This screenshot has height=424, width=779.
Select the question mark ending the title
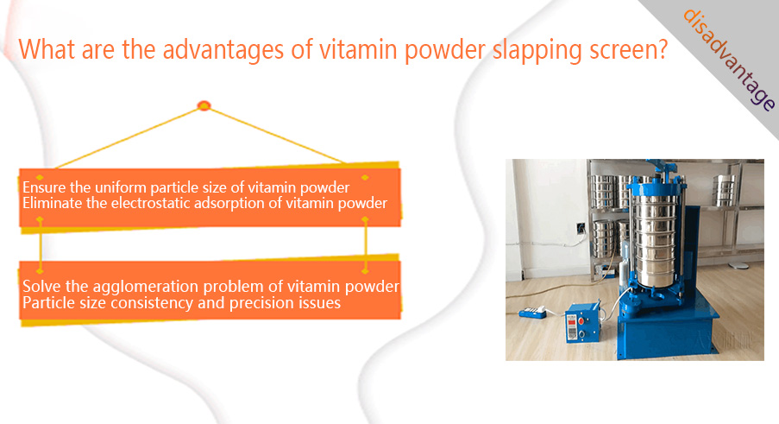(x=662, y=49)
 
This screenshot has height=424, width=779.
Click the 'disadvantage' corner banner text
(x=728, y=59)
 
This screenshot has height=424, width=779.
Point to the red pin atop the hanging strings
(x=204, y=105)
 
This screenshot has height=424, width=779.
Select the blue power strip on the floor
(x=532, y=312)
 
